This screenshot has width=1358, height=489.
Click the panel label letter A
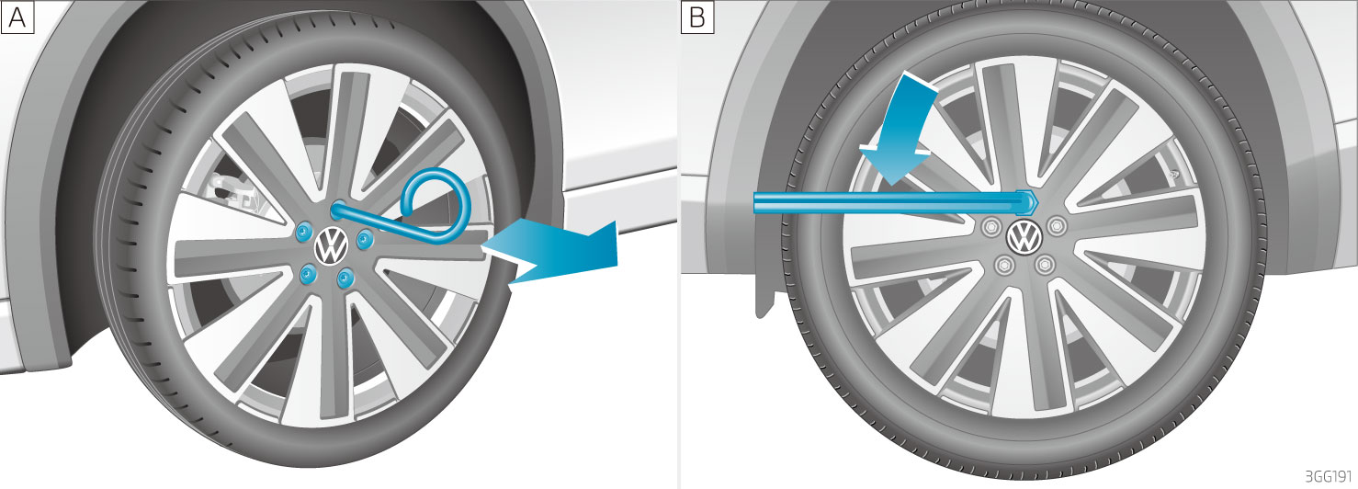click(17, 17)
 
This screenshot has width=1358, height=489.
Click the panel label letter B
click(697, 17)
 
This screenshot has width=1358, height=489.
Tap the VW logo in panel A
click(331, 246)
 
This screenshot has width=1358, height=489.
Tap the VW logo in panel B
click(1024, 236)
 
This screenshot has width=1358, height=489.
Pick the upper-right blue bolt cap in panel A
click(365, 239)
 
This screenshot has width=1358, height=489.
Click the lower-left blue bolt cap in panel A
click(309, 274)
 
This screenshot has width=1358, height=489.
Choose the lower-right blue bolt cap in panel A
click(346, 278)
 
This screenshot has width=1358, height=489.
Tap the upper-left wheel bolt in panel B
click(991, 226)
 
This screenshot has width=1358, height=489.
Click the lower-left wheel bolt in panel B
click(1004, 265)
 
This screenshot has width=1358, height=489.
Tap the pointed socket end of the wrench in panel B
click(1028, 202)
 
